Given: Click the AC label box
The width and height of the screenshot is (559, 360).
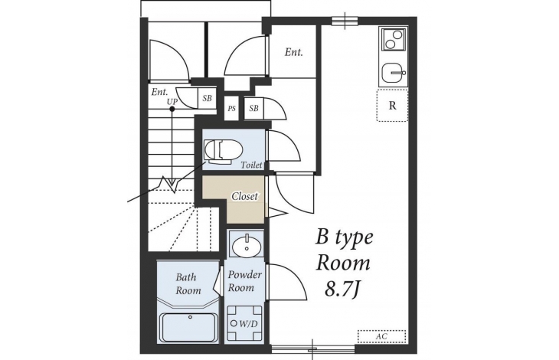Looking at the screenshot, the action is (382, 336).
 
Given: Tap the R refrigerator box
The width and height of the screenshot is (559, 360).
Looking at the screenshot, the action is (392, 106).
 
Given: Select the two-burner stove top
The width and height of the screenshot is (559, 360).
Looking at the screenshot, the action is (394, 40).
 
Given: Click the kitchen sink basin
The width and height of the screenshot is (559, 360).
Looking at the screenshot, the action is (394, 73).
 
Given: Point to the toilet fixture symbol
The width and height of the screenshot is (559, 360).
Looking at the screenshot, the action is (223, 152).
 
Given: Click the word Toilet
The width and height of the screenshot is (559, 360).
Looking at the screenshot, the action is (251, 165).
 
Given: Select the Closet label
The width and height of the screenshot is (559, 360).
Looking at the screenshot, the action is (244, 196).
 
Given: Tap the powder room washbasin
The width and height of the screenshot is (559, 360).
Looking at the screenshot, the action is (246, 244).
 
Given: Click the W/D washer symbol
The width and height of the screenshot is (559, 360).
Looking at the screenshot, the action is (244, 324).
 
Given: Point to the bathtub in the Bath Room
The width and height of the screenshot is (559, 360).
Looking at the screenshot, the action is (189, 327).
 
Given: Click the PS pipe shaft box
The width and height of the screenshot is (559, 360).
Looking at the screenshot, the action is (232, 108).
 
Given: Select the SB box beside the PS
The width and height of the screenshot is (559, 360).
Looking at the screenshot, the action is (253, 108).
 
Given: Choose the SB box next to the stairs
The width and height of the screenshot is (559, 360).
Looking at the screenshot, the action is (207, 98).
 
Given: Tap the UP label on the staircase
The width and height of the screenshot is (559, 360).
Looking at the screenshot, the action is (172, 102).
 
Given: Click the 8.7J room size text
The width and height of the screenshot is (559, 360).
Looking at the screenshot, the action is (342, 290).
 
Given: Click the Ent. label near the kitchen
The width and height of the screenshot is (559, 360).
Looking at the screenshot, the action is (294, 52).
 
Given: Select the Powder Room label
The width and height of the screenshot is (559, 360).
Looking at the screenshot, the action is (244, 281).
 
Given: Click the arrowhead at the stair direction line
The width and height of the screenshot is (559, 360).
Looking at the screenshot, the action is (172, 183).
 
